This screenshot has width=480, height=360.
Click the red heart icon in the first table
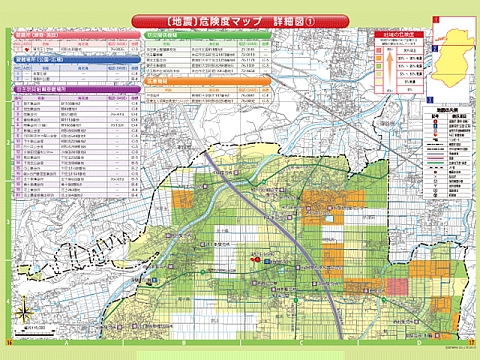click(x=21, y=46)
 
